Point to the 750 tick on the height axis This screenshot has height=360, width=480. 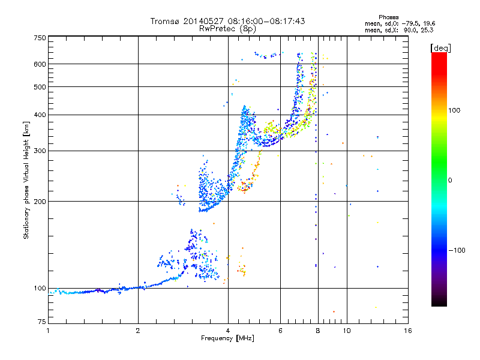[40, 37]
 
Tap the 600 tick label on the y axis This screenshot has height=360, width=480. [40, 64]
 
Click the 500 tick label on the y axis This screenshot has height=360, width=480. [40, 87]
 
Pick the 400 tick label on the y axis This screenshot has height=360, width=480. [40, 115]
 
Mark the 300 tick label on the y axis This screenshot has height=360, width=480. [40, 151]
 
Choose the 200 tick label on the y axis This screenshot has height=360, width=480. [40, 201]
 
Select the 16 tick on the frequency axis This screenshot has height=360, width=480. [407, 331]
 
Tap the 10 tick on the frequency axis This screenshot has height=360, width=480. [346, 331]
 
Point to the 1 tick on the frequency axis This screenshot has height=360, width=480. [48, 331]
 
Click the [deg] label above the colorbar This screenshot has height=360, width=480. [440, 47]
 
